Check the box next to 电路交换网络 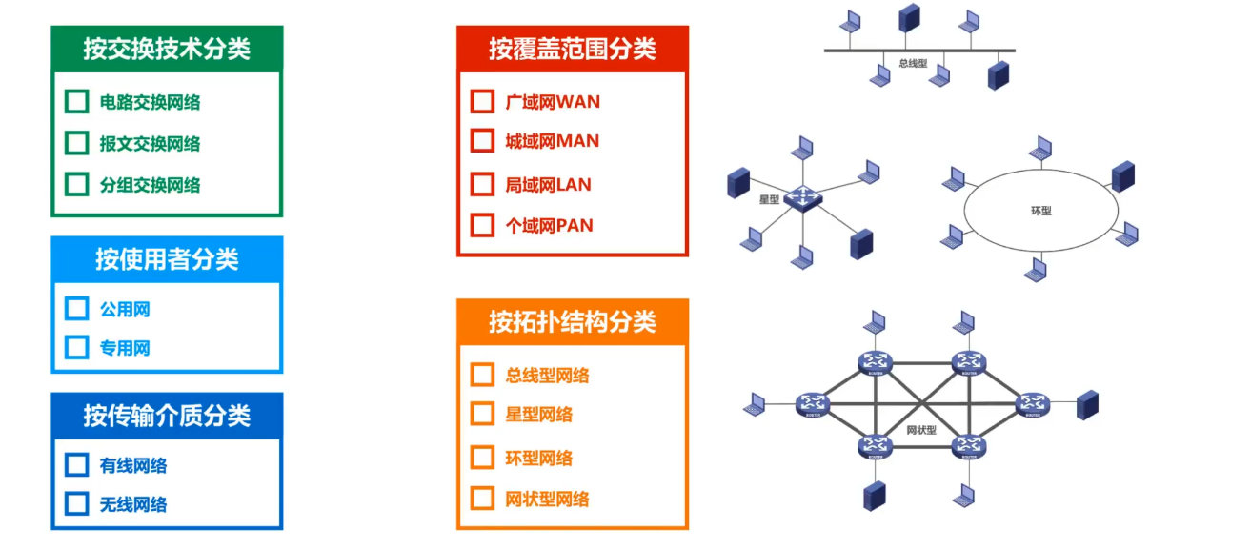(x=76, y=102)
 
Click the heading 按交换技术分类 (x=167, y=49)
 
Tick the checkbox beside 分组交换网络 (x=76, y=184)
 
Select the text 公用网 (x=125, y=310)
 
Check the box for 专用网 (x=76, y=348)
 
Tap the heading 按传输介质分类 (x=167, y=416)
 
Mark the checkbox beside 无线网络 (x=76, y=504)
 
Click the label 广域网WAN (x=553, y=101)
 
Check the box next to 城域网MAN (x=482, y=141)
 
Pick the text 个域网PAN (x=549, y=226)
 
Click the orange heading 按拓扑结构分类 (x=573, y=321)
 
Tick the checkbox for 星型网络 (x=482, y=415)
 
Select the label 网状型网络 (x=547, y=499)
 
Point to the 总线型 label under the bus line (x=913, y=64)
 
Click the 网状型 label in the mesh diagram (x=921, y=430)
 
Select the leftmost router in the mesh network (x=813, y=405)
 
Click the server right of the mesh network (x=1087, y=406)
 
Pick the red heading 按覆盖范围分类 (x=573, y=49)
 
